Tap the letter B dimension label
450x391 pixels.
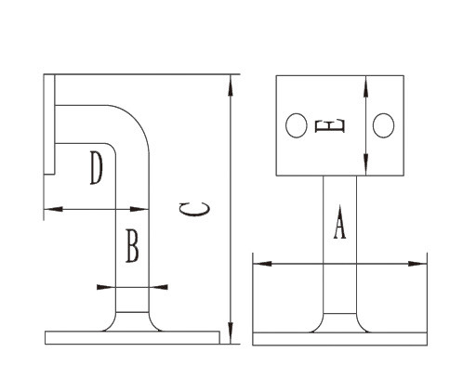point(132,247)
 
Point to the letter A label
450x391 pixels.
point(339,224)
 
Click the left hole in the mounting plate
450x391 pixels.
point(296,125)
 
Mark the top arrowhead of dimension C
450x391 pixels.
point(229,80)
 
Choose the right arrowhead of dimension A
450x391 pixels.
point(423,264)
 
